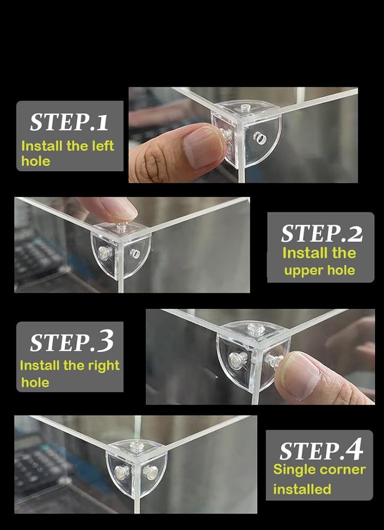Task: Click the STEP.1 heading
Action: pos(69,122)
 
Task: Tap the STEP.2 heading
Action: pos(322,233)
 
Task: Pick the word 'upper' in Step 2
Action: pos(299,271)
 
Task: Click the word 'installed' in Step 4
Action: pos(302,489)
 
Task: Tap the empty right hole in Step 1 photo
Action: pos(259,138)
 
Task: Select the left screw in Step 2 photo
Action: pos(105,252)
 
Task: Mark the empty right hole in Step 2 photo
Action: pos(135,252)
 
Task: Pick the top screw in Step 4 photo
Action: pos(137,446)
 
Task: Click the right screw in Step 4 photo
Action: pos(150,472)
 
